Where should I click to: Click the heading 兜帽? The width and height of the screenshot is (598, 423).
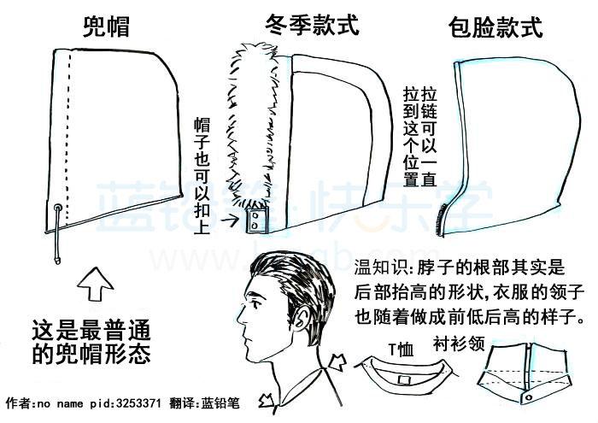107,26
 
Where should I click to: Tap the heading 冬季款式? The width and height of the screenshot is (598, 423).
313,25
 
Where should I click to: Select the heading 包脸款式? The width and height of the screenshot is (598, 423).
495,27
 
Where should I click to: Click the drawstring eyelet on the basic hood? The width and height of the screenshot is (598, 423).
58,209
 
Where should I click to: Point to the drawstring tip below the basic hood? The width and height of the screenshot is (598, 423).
57,261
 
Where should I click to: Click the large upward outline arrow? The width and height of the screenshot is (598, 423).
96,284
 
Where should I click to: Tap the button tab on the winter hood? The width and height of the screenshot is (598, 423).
256,220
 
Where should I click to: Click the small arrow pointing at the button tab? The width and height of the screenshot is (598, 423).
230,220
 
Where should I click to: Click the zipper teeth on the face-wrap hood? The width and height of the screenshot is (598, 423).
441,220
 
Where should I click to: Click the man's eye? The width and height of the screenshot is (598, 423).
255,305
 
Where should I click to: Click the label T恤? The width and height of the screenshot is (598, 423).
401,350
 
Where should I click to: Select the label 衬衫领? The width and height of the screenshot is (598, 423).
459,344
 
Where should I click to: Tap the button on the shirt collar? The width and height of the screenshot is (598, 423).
529,397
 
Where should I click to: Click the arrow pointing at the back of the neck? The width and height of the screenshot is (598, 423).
337,361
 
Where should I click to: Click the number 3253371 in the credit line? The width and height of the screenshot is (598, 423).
138,403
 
